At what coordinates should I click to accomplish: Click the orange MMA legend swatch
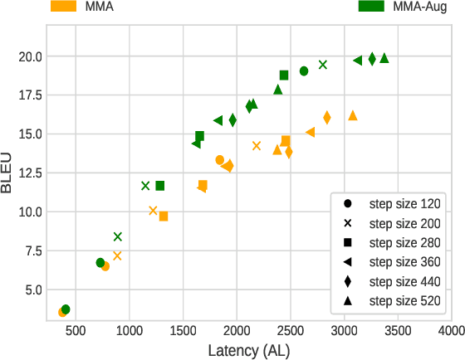(66, 6)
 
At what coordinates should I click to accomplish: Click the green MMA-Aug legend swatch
(371, 6)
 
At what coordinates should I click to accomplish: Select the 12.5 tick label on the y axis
(29, 173)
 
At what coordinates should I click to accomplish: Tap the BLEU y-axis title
(7, 173)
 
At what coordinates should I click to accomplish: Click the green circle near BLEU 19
(304, 71)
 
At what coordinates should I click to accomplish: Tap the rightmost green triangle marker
(384, 58)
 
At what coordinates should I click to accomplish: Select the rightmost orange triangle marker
(353, 115)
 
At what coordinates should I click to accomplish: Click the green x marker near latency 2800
(323, 65)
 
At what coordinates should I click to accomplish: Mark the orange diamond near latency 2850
(327, 118)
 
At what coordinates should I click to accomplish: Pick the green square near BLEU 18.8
(284, 75)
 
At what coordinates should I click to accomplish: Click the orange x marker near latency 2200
(257, 146)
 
